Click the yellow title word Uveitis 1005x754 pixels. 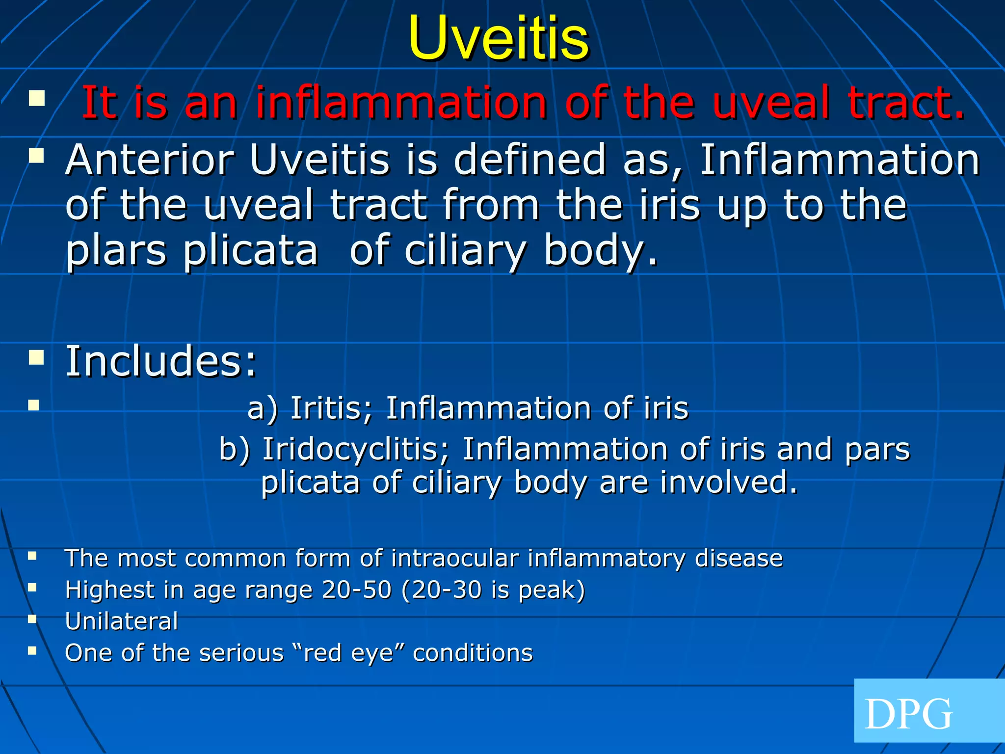(498, 39)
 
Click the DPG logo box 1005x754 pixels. (928, 710)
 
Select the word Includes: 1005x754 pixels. (161, 361)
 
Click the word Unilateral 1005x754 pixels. (121, 621)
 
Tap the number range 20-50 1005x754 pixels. (357, 590)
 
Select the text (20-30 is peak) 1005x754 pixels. (493, 590)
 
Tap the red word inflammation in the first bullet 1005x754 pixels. (401, 103)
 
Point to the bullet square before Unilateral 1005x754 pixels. (32, 619)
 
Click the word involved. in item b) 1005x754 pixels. (728, 483)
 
